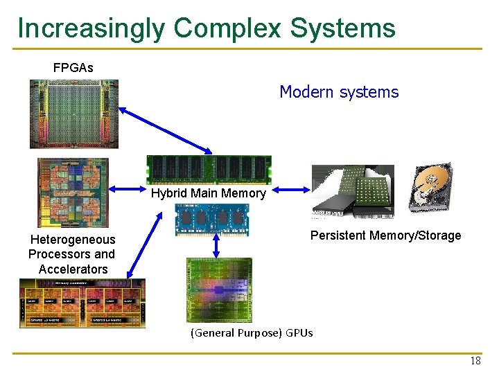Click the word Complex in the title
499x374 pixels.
point(228,28)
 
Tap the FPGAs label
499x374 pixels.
point(73,68)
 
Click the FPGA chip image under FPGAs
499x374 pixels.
point(74,114)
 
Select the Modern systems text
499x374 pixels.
point(339,92)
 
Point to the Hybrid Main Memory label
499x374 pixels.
point(208,194)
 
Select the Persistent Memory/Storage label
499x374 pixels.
point(385,235)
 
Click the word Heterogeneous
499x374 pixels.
point(73,240)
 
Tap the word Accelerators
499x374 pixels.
point(73,269)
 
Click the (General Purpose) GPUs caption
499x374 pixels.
point(252,333)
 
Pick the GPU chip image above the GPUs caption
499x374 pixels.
point(219,290)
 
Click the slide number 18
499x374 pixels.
point(475,361)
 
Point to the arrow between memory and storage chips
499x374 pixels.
point(291,188)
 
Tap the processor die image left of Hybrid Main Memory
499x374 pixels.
point(73,192)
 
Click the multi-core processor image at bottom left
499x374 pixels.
point(82,303)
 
